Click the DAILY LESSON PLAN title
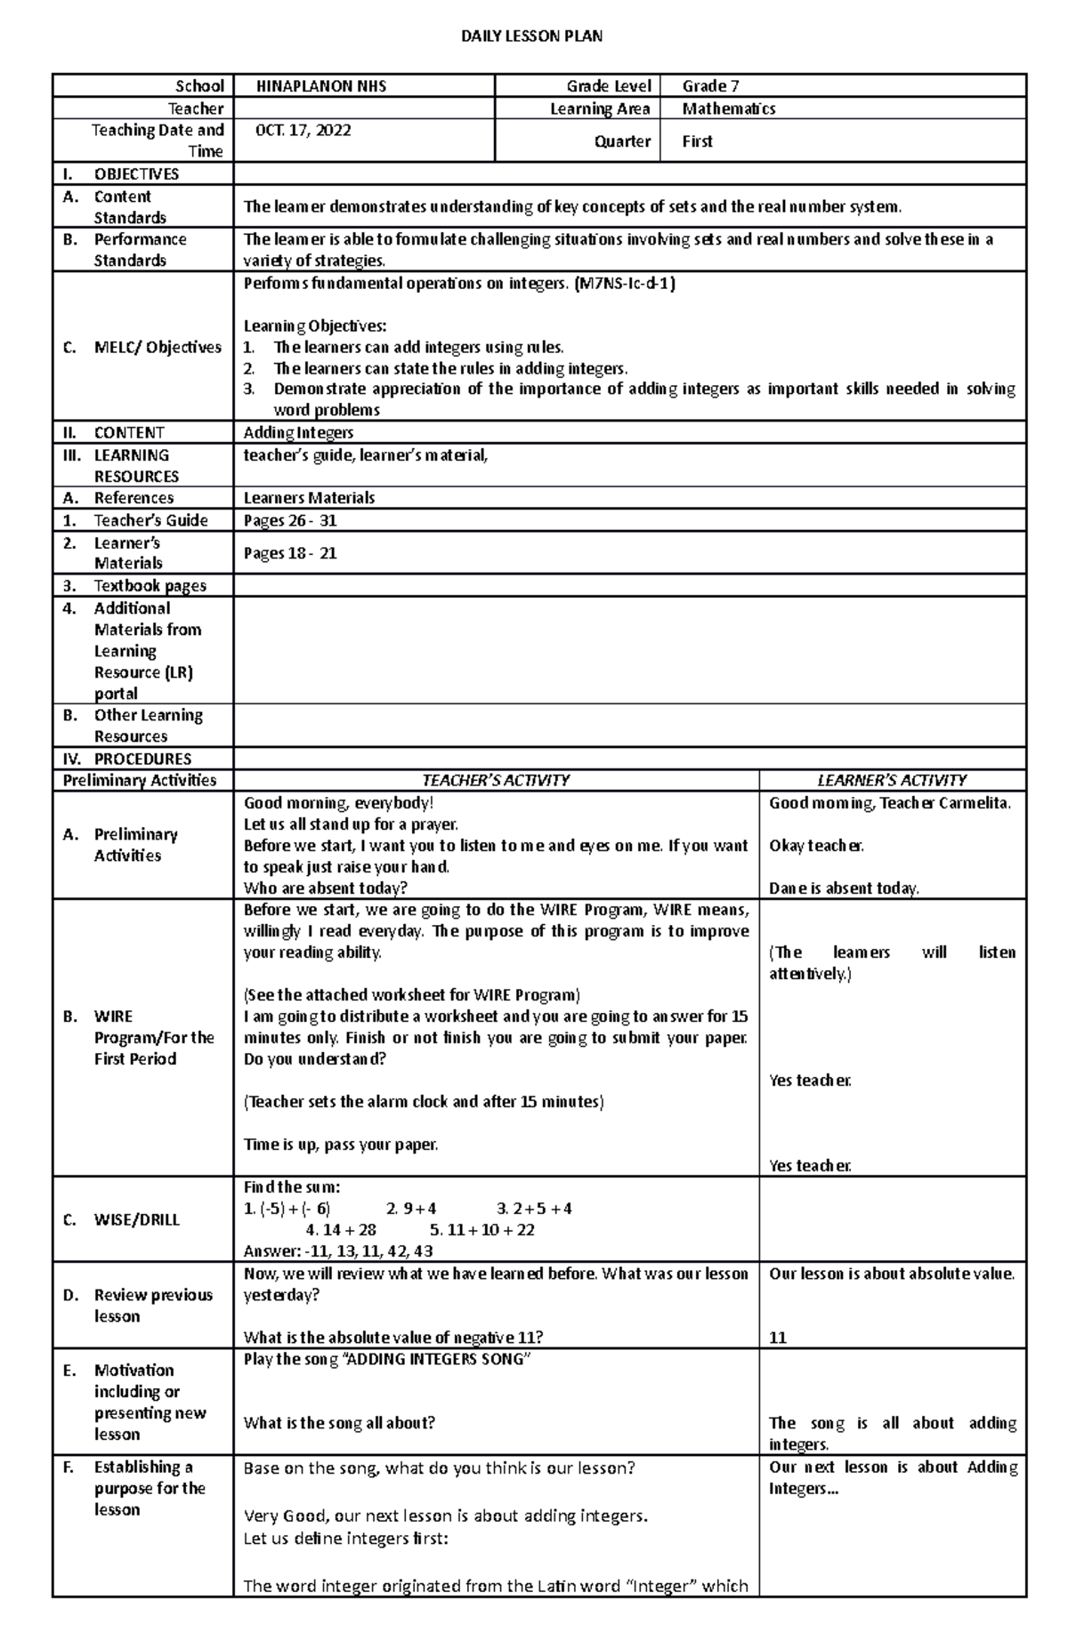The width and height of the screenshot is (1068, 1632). pyautogui.click(x=531, y=36)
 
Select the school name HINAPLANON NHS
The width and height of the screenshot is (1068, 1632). pyautogui.click(x=321, y=86)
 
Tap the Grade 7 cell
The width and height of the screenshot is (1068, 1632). pyautogui.click(x=710, y=86)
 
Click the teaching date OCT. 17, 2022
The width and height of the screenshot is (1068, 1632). pyautogui.click(x=303, y=130)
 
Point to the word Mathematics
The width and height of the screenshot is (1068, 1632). pyautogui.click(x=728, y=109)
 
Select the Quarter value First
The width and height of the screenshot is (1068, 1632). pyautogui.click(x=697, y=141)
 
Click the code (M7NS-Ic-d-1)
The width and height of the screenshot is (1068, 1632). pyautogui.click(x=625, y=284)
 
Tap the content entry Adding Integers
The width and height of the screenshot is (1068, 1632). pyautogui.click(x=298, y=433)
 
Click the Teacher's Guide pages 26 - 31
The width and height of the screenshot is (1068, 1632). pyautogui.click(x=290, y=520)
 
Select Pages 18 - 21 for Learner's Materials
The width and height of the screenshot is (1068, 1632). pyautogui.click(x=290, y=553)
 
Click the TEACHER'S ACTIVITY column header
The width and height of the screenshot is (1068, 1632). pyautogui.click(x=495, y=780)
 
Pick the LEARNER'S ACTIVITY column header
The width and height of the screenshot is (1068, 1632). pyautogui.click(x=892, y=780)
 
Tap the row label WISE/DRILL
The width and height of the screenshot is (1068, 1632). pyautogui.click(x=136, y=1219)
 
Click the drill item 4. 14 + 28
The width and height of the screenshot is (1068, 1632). pyautogui.click(x=341, y=1230)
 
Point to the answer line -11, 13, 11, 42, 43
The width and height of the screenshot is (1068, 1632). pyautogui.click(x=338, y=1251)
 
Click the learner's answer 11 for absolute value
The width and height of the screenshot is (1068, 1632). pyautogui.click(x=778, y=1338)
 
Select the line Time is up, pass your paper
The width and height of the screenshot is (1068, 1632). pyautogui.click(x=341, y=1145)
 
